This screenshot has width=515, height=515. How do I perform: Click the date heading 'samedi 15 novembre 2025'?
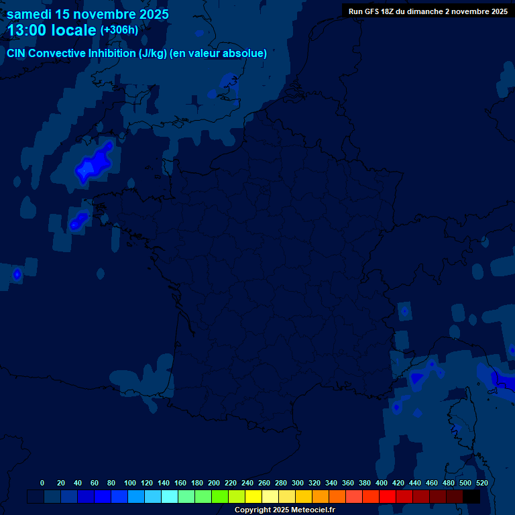pyautogui.click(x=88, y=14)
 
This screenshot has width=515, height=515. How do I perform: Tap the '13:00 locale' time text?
pyautogui.click(x=52, y=30)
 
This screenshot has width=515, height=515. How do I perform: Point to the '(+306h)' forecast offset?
pyautogui.click(x=119, y=30)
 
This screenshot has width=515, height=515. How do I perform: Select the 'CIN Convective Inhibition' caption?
pyautogui.click(x=71, y=54)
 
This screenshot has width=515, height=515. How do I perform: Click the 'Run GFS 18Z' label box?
pyautogui.click(x=428, y=11)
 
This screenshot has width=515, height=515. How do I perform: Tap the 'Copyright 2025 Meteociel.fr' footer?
pyautogui.click(x=284, y=510)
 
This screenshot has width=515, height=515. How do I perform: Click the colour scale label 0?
pyautogui.click(x=42, y=483)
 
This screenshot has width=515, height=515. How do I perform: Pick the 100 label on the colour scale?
pyautogui.click(x=130, y=483)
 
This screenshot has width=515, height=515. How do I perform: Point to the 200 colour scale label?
pyautogui.click(x=214, y=483)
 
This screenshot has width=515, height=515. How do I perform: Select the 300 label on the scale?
pyautogui.click(x=298, y=483)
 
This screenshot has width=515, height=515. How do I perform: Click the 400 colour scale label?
pyautogui.click(x=382, y=483)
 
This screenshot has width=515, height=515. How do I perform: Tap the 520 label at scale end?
pyautogui.click(x=481, y=483)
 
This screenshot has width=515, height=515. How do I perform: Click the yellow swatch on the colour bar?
pyautogui.click(x=253, y=497)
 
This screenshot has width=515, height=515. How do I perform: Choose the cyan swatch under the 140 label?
pyautogui.click(x=170, y=497)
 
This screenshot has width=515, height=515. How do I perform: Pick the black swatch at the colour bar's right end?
pyautogui.click(x=471, y=497)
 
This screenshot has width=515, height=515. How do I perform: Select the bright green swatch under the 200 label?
pyautogui.click(x=220, y=497)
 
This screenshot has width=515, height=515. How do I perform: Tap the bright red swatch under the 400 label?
pyautogui.click(x=388, y=497)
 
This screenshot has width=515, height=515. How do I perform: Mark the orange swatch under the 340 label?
pyautogui.click(x=337, y=497)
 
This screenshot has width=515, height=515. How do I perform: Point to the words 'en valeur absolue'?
pyautogui.click(x=219, y=54)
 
